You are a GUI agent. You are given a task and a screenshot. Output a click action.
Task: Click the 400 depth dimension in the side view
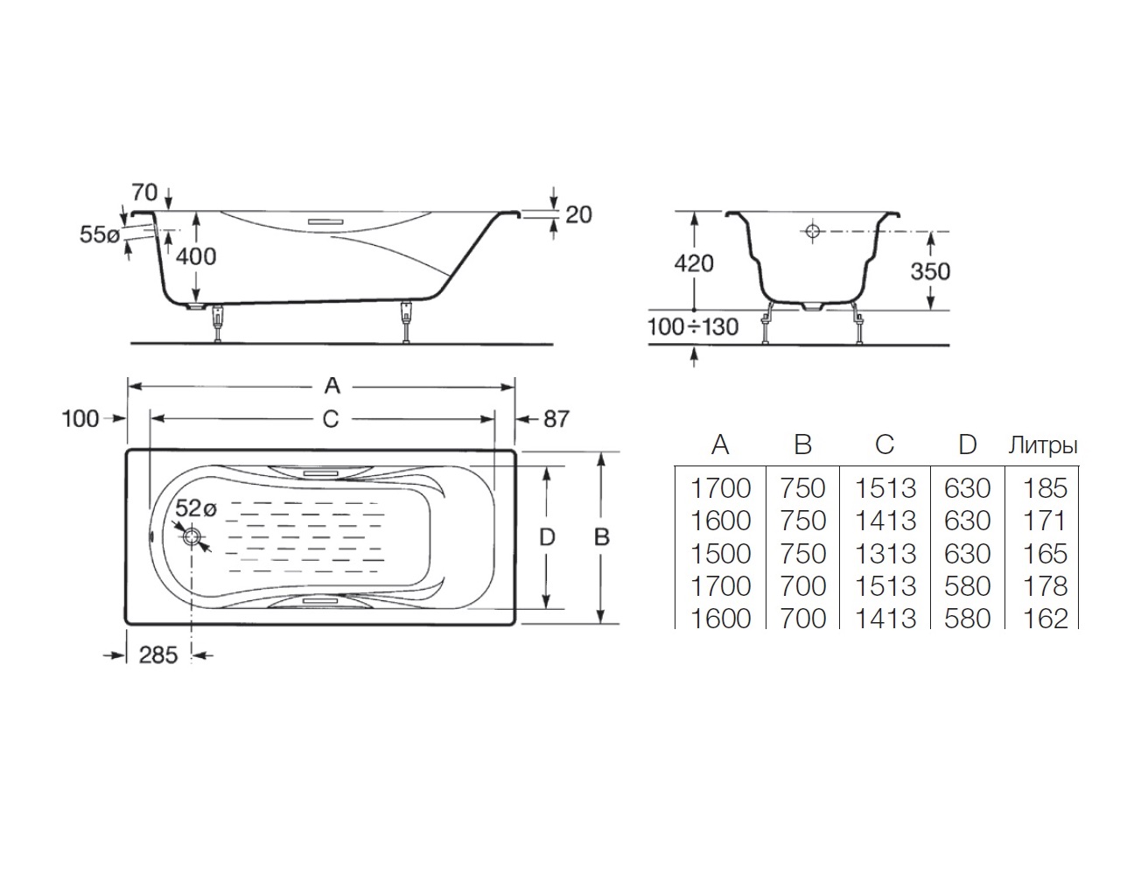[196, 255]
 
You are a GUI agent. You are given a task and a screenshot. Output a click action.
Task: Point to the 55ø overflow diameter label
[99, 234]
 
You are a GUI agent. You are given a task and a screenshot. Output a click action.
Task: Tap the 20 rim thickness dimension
[578, 213]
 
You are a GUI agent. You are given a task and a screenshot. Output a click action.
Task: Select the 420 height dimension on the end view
[694, 262]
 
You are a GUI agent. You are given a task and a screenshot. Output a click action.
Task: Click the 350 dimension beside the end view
[929, 270]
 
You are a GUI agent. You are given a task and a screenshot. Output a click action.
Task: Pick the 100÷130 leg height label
[693, 327]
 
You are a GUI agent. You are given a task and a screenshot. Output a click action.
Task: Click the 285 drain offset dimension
[157, 654]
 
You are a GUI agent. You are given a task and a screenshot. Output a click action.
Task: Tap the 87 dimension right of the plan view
[556, 419]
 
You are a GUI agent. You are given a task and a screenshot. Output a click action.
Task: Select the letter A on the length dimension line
[331, 385]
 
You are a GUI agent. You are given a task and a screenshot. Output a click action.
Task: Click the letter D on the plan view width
[547, 537]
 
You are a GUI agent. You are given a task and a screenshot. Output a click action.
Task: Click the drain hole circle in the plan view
[192, 537]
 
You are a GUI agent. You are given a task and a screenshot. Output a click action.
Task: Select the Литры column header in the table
[1043, 445]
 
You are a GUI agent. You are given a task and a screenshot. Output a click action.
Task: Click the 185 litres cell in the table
[1046, 488]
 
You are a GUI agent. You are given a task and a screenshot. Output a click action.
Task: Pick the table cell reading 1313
[885, 554]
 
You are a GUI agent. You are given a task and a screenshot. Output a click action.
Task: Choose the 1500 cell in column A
[721, 554]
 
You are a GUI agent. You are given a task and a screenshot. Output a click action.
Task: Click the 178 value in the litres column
[1046, 586]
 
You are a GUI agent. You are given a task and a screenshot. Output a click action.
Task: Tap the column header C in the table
[885, 445]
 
